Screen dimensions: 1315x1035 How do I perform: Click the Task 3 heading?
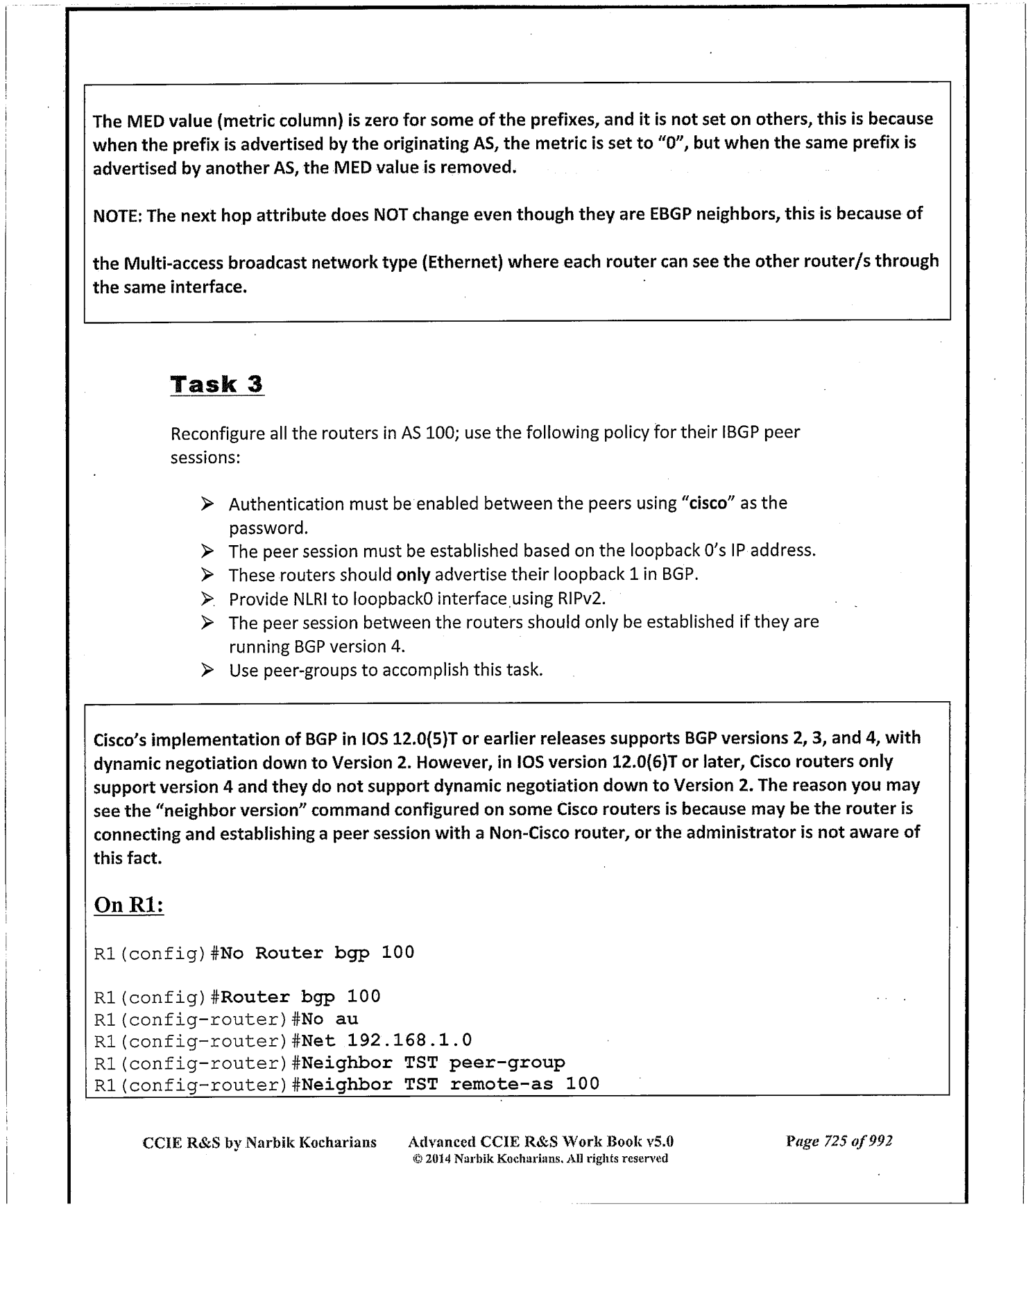pyautogui.click(x=217, y=384)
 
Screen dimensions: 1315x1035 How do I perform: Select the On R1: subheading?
pyautogui.click(x=128, y=905)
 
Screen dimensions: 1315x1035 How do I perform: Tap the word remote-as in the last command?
pyautogui.click(x=501, y=1084)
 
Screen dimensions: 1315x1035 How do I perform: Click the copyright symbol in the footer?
pyautogui.click(x=417, y=1158)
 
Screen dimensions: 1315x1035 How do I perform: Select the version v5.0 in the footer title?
pyautogui.click(x=660, y=1142)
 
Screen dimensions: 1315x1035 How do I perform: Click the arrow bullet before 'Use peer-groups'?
pyautogui.click(x=207, y=671)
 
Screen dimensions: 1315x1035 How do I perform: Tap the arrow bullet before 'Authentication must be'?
pyautogui.click(x=207, y=504)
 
